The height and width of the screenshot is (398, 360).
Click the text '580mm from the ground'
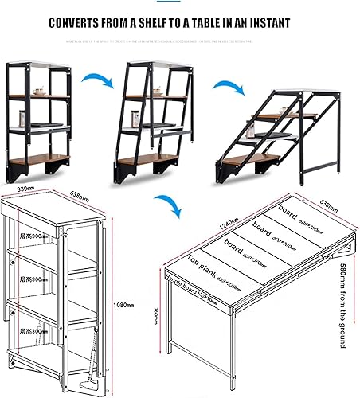click(x=343, y=302)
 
